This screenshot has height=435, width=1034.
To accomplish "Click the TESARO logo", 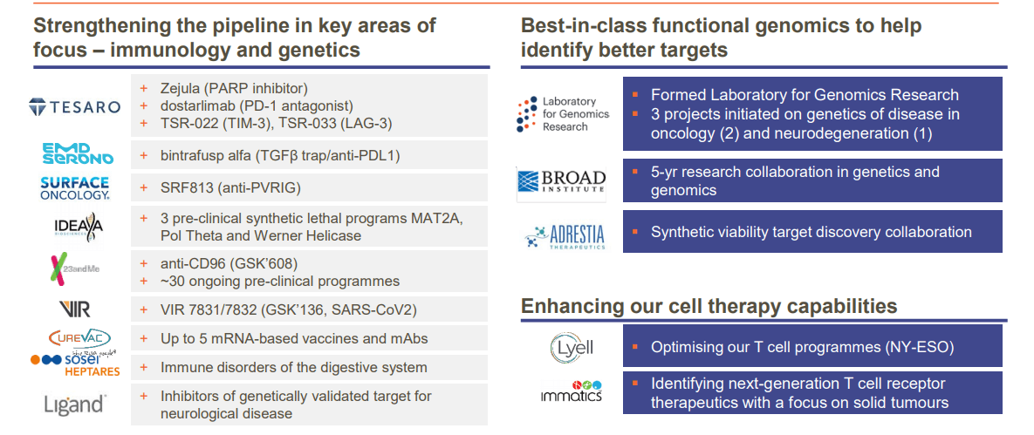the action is (74, 106).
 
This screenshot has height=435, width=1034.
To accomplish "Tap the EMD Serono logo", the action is (78, 153).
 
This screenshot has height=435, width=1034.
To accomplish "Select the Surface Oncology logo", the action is (74, 187).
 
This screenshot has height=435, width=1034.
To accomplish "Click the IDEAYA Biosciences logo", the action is (79, 225).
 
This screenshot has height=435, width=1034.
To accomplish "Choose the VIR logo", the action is (74, 309).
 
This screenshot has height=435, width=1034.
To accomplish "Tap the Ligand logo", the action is (73, 404).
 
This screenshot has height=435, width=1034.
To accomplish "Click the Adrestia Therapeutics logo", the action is (565, 236).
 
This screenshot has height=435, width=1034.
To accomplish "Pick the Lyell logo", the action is (572, 346).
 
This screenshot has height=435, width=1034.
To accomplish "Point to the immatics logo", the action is (571, 391).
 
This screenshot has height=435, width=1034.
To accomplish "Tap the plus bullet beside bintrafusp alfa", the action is (143, 155).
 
